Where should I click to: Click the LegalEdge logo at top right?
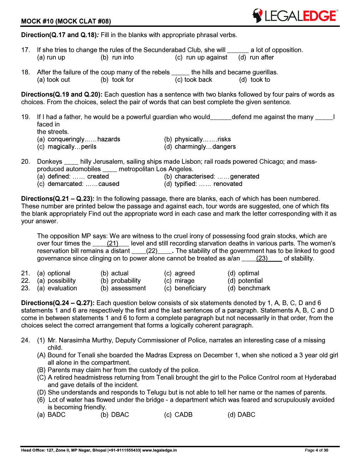coord(295,16)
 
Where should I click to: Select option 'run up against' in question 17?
coord(206,58)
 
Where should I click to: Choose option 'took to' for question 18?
coord(260,80)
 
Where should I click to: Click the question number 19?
coord(25,117)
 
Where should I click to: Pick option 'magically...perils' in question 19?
coord(72,147)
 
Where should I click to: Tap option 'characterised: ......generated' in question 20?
coord(216,177)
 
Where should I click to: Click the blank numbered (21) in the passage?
coord(112,244)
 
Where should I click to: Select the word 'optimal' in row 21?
coord(248,273)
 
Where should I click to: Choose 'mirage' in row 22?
coord(184,281)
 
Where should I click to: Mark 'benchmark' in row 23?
coord(254,288)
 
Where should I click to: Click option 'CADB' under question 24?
coord(183,415)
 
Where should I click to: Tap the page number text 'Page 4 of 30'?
coord(316,450)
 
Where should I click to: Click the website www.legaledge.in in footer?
coord(160,450)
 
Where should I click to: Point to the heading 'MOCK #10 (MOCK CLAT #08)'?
coord(66,21)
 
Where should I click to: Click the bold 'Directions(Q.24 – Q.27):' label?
coord(58,303)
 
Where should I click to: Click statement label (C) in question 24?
coord(41,377)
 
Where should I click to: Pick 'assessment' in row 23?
coord(128,288)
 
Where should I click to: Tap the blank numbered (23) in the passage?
coord(262,258)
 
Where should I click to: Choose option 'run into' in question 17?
coord(122,58)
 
